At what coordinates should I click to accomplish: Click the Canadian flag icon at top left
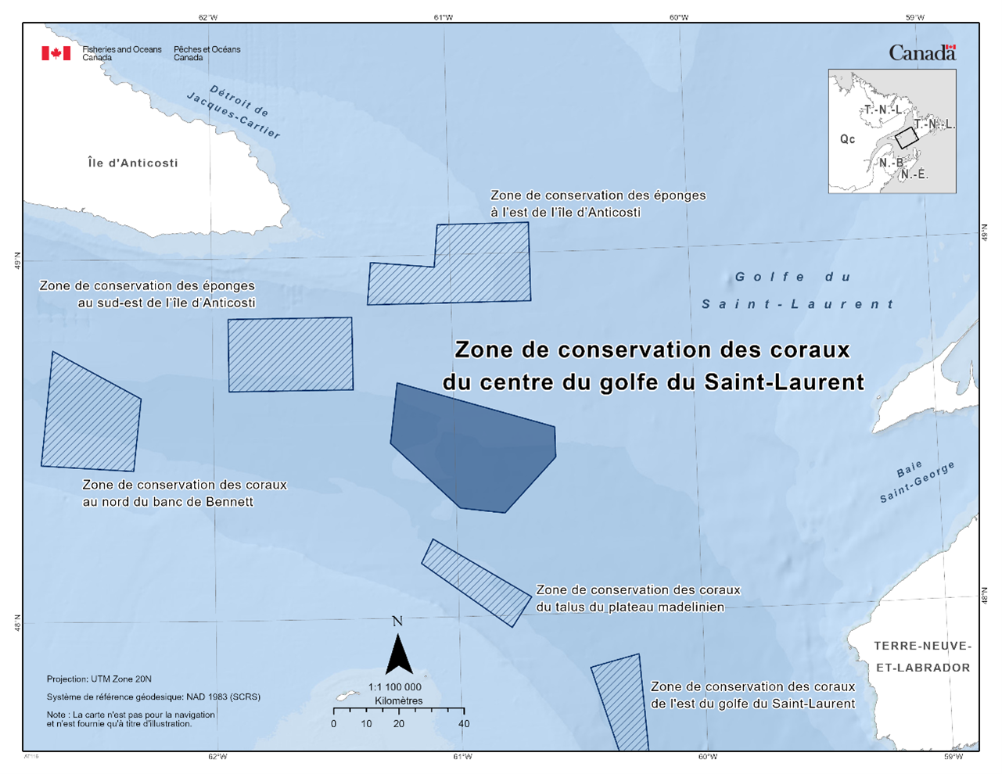pyautogui.click(x=56, y=53)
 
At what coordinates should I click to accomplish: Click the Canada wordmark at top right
pyautogui.click(x=922, y=53)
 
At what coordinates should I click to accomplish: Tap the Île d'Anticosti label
pyautogui.click(x=133, y=163)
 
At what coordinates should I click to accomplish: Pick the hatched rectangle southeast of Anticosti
pyautogui.click(x=290, y=354)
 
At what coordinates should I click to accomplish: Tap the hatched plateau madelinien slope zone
pyautogui.click(x=476, y=582)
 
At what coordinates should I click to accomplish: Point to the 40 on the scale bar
pyautogui.click(x=464, y=724)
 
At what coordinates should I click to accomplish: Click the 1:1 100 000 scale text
pyautogui.click(x=394, y=687)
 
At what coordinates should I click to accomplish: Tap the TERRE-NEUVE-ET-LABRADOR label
pyautogui.click(x=922, y=657)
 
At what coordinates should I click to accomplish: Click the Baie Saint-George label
pyautogui.click(x=916, y=482)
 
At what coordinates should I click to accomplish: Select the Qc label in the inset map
pyautogui.click(x=847, y=139)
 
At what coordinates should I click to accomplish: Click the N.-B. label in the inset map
pyautogui.click(x=891, y=163)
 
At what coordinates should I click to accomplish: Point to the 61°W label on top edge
pyautogui.click(x=443, y=17)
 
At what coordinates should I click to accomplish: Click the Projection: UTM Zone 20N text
pyautogui.click(x=99, y=679)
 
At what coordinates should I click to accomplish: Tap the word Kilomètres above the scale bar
pyautogui.click(x=398, y=701)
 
